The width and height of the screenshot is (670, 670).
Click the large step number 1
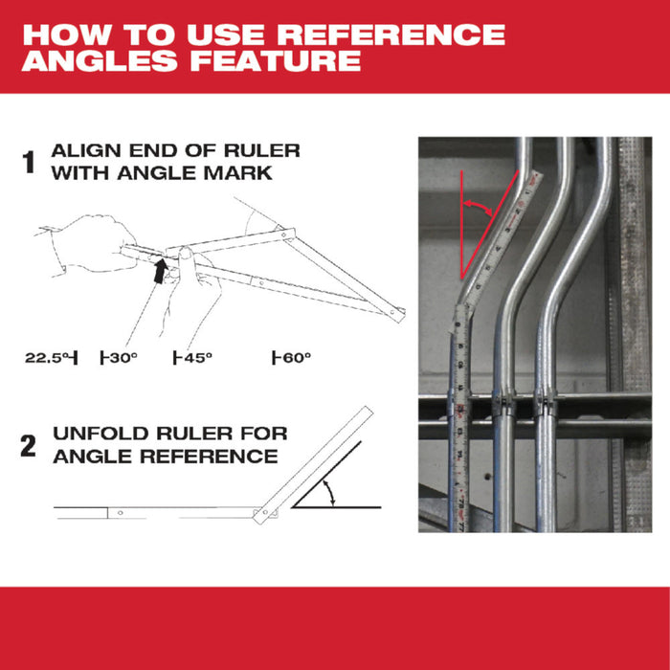[30, 163]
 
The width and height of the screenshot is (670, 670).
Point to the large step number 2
[30, 446]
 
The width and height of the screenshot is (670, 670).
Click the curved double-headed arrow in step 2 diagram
[331, 494]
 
